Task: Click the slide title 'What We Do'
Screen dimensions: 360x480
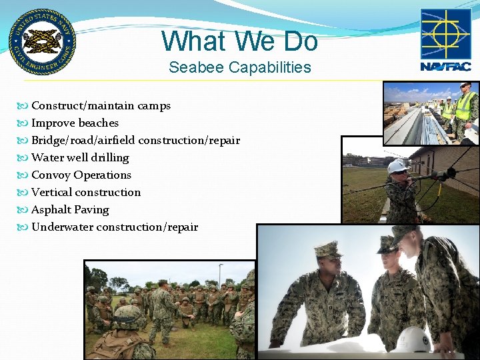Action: click(239, 41)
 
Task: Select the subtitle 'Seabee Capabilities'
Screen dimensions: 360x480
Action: click(239, 67)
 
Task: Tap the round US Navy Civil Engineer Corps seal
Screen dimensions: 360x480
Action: click(42, 42)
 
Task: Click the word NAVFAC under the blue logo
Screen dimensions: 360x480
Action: click(445, 66)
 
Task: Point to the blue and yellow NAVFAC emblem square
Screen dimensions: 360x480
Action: click(445, 34)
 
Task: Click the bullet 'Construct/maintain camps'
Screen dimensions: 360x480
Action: click(101, 105)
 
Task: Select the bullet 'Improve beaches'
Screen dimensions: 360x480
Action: click(75, 123)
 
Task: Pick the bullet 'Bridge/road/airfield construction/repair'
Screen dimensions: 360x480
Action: click(135, 140)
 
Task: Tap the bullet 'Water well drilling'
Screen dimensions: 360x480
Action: click(80, 157)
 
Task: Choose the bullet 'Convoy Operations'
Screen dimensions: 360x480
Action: click(81, 175)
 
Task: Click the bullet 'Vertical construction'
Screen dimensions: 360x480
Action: click(86, 192)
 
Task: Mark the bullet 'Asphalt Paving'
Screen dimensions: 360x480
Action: click(70, 209)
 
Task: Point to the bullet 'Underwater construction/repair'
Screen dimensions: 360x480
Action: click(115, 227)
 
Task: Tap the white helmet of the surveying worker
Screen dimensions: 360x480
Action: click(397, 165)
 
